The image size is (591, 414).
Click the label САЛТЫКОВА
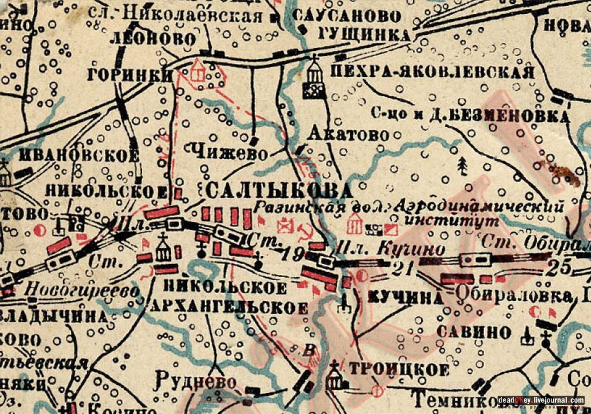279,190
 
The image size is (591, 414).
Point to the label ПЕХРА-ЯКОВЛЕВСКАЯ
433,72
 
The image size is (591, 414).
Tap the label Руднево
196,382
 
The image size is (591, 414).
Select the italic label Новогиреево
83,290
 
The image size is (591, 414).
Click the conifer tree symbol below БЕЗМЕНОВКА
462,166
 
